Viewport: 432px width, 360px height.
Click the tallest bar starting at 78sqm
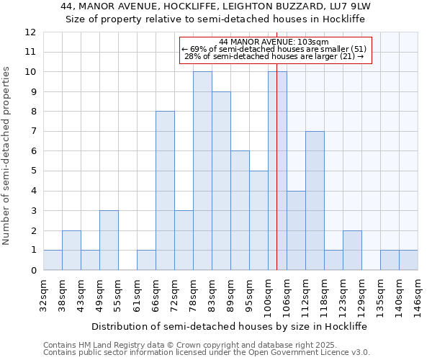202,171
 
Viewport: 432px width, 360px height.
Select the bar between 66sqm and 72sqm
165,191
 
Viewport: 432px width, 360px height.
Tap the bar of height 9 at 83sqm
221,181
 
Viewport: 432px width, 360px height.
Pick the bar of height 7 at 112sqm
315,201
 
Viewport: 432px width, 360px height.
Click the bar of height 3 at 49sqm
109,240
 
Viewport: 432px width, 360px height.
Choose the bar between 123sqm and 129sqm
352,251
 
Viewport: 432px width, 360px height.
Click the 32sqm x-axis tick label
44,293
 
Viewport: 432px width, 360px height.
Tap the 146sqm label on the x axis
418,295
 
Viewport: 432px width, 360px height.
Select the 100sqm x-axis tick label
269,295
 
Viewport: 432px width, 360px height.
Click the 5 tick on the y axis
33,171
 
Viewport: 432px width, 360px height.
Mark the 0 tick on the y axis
33,271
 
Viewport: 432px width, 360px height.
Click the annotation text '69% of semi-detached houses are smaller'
277,49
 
